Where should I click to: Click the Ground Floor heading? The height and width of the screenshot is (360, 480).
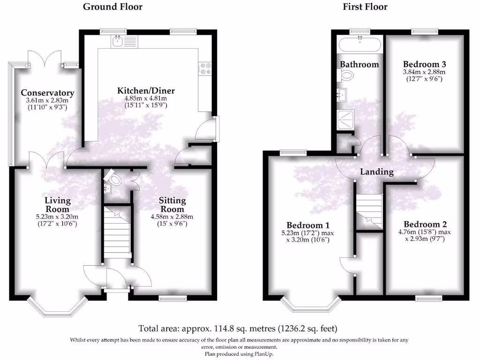[112, 7]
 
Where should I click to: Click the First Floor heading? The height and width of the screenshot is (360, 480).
[365, 7]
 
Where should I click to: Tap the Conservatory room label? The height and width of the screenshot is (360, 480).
[47, 93]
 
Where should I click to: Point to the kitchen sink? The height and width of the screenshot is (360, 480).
[118, 41]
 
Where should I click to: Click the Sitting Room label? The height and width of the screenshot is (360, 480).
[173, 204]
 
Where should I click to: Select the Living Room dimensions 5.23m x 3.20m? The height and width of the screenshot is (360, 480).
[58, 217]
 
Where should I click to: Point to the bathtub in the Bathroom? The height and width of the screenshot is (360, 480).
[360, 46]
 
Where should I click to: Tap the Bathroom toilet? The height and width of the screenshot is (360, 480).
[347, 75]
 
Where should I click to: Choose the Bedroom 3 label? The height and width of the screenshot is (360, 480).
[424, 64]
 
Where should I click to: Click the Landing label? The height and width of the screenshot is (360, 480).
[376, 172]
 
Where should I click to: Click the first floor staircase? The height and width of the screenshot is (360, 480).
[369, 210]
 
